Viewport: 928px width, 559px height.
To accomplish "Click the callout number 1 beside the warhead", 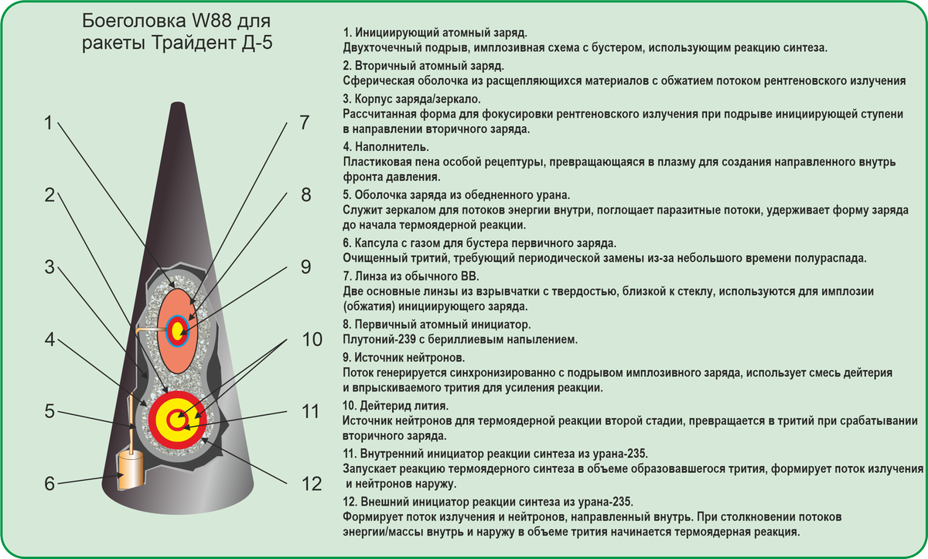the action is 49,123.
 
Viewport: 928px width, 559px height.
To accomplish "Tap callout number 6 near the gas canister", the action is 49,484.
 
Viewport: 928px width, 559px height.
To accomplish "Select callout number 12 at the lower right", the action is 312,484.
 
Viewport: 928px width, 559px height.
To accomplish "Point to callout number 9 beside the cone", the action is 305,267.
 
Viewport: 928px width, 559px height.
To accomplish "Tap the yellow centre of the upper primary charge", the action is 178,331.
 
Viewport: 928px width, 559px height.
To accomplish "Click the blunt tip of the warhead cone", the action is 178,104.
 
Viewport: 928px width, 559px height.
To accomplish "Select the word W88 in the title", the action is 211,21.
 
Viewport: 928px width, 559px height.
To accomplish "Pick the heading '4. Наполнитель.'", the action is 386,147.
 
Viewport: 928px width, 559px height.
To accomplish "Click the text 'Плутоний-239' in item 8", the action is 379,339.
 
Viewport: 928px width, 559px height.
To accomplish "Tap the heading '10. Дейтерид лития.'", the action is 396,405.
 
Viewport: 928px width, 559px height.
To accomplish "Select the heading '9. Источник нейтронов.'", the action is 404,357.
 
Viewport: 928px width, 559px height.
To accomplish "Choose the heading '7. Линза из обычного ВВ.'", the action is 411,276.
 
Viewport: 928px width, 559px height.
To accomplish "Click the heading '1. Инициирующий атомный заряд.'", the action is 435,33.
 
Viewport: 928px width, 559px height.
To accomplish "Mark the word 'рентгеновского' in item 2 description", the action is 805,81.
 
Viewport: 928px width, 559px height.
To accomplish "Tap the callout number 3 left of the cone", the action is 49,267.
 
